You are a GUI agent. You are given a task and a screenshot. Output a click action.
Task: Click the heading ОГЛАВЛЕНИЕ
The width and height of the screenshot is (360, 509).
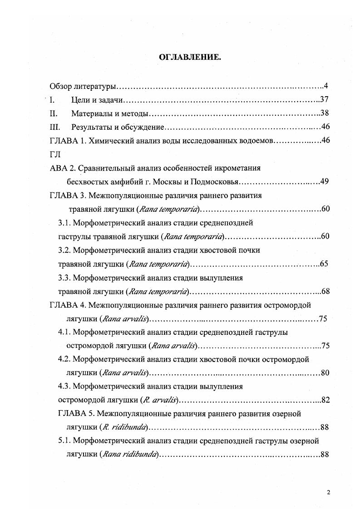[189, 57]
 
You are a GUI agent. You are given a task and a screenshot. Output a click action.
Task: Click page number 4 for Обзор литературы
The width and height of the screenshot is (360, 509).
[326, 86]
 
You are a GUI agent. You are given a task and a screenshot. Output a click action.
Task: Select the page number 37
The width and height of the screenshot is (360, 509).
[324, 100]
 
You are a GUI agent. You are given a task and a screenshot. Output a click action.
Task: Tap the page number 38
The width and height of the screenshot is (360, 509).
[324, 113]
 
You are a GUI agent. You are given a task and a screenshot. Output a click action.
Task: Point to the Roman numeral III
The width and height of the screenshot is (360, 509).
[54, 127]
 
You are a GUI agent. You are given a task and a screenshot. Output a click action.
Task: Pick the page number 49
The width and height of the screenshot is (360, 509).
[324, 182]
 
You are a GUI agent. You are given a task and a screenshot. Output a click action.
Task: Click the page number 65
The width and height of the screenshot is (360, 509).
[324, 264]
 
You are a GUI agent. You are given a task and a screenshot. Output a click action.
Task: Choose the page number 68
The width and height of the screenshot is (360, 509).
[324, 291]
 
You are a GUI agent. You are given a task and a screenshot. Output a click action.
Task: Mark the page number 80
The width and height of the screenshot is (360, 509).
[324, 373]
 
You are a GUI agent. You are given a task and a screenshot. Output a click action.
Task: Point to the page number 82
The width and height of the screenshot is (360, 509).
[324, 400]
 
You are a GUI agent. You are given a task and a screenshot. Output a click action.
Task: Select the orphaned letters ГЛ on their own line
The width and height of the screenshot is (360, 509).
[54, 154]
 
